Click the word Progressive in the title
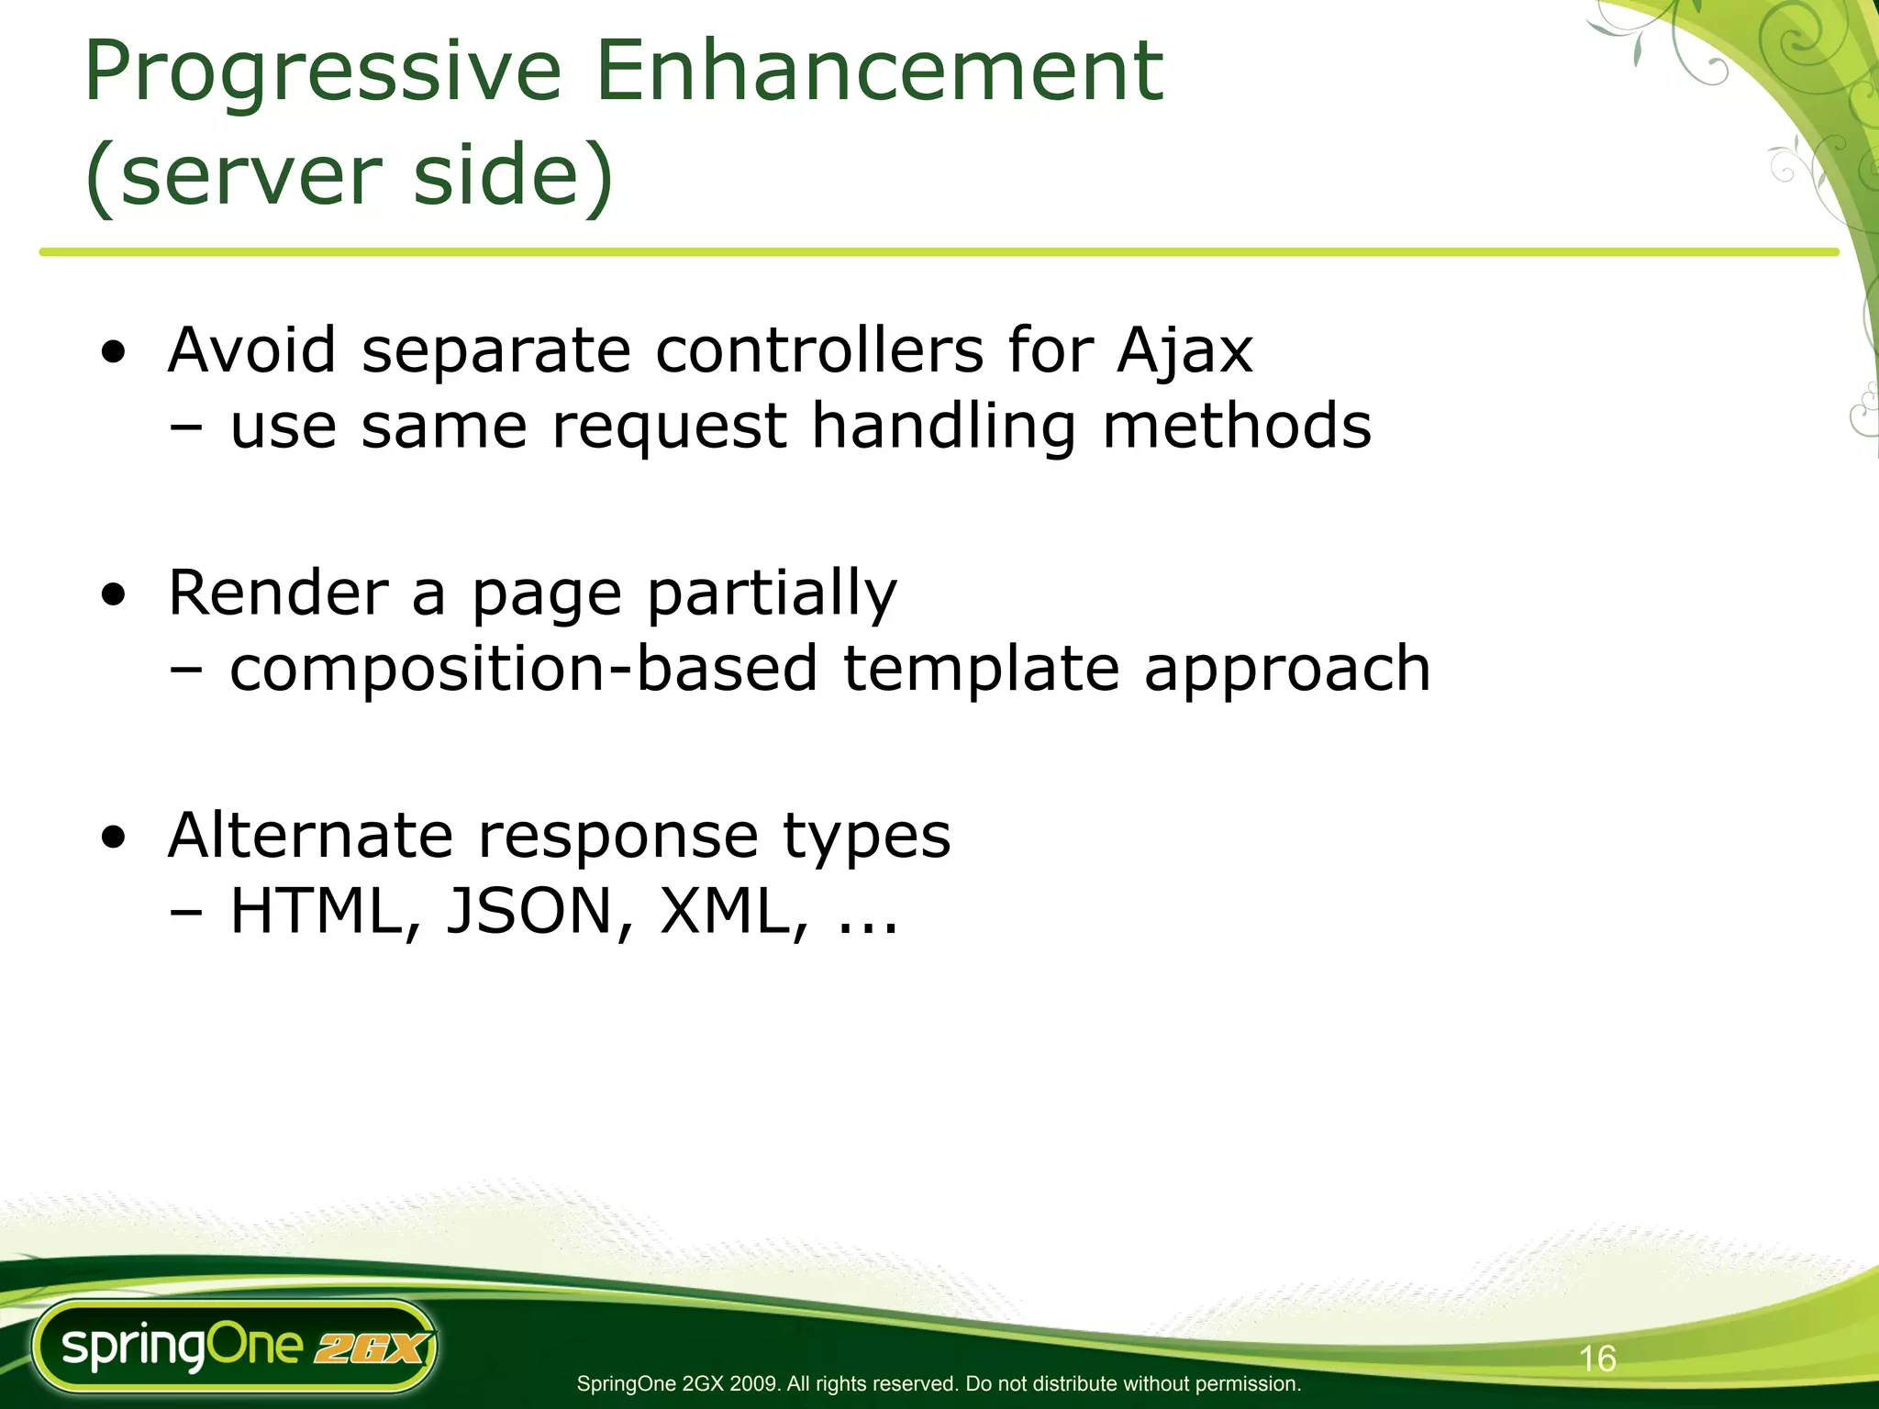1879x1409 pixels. click(322, 73)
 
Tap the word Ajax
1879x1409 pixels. click(1184, 352)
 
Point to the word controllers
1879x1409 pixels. click(818, 350)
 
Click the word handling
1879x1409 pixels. click(943, 428)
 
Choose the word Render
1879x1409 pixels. click(278, 594)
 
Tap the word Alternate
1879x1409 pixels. click(310, 836)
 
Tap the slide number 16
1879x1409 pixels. click(1597, 1359)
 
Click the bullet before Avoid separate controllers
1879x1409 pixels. click(114, 353)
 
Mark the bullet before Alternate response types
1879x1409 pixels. click(114, 838)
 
